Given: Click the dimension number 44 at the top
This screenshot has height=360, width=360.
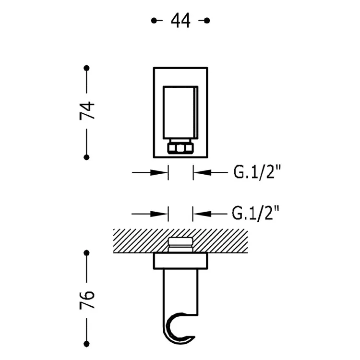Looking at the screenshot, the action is [x=180, y=21].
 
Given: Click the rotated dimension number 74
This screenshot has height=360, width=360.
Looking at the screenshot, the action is [x=87, y=110].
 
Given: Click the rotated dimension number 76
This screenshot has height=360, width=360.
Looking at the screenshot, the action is [x=87, y=300].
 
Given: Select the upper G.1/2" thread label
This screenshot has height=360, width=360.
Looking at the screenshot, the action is [x=257, y=172].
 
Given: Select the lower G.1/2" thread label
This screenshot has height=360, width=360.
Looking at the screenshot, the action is [x=255, y=213].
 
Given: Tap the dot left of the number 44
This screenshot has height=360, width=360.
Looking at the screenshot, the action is [x=154, y=21].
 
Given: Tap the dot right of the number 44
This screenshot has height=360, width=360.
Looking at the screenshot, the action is [x=207, y=21].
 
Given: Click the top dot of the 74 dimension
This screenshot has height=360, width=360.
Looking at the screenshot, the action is [x=86, y=68].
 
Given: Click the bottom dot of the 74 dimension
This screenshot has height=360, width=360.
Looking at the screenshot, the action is [x=86, y=157].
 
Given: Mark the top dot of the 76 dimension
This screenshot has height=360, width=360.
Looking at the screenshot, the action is [x=86, y=253].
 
